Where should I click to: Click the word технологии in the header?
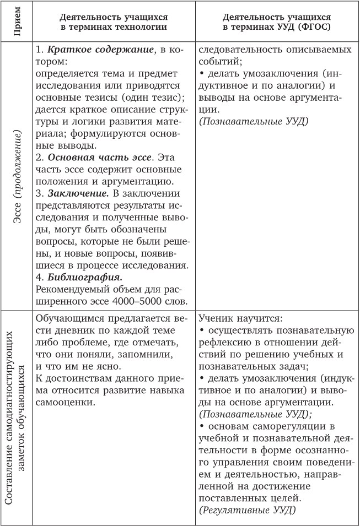[145, 26]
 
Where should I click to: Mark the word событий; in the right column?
[219, 61]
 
